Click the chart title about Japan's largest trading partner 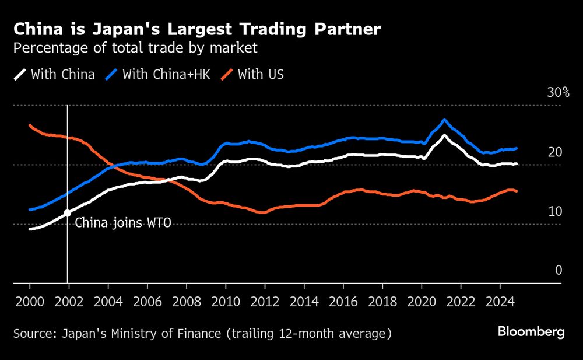tap(198, 29)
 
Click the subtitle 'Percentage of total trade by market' tap(135, 48)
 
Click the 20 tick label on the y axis tap(554, 152)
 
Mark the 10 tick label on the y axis tap(554, 211)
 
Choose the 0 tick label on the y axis tap(558, 270)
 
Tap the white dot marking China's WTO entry tap(68, 213)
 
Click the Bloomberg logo tap(531, 332)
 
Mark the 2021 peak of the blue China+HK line tap(444, 120)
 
